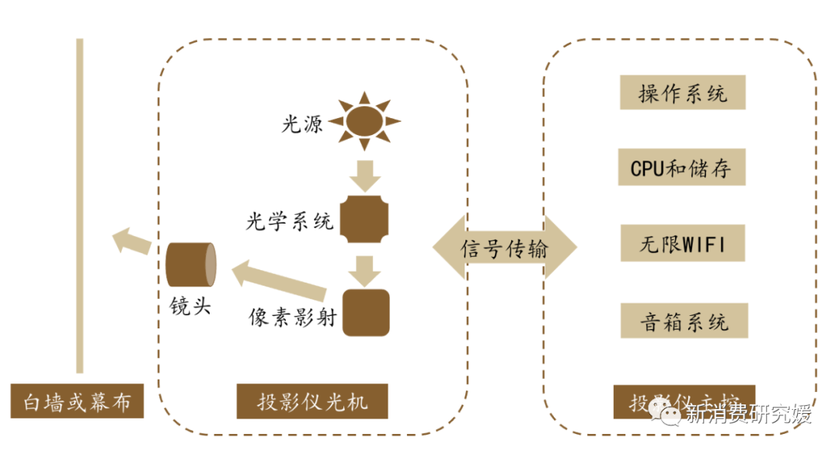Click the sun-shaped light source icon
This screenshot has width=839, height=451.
[x=364, y=121]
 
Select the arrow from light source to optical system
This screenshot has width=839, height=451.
[x=364, y=176]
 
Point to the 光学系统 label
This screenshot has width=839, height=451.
[x=290, y=222]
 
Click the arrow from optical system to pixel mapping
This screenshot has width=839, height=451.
[x=364, y=270]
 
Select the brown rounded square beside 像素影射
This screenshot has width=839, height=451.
[x=365, y=312]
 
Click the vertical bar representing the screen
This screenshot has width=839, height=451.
[x=79, y=205]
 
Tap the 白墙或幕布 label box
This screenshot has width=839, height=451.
[x=78, y=403]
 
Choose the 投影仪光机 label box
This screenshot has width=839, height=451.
[x=312, y=403]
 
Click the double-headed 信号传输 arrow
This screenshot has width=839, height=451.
[x=505, y=248]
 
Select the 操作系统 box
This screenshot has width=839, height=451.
[x=683, y=93]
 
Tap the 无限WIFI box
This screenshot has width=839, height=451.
[x=683, y=244]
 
